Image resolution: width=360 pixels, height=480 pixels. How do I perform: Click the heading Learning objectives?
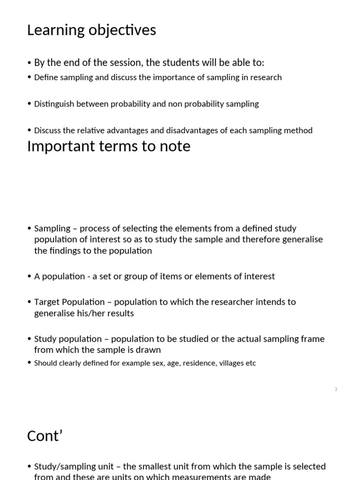tap(91, 30)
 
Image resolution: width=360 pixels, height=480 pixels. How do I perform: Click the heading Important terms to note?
tap(109, 146)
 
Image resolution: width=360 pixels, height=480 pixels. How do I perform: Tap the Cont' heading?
tap(45, 436)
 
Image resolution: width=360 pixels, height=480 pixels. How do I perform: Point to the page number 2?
tap(336, 390)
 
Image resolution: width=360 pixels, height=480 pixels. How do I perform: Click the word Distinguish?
tap(53, 104)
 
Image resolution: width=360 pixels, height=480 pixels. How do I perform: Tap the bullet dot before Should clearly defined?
tap(30, 363)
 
